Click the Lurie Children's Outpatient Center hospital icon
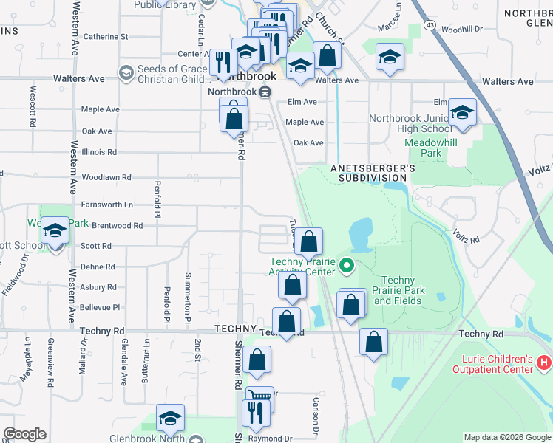click(543, 363)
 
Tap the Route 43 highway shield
click(430, 24)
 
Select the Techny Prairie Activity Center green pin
click(345, 264)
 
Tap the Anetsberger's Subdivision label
click(373, 173)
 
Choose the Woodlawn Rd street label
click(106, 178)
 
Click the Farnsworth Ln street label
click(107, 205)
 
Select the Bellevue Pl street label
click(99, 307)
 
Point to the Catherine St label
click(106, 36)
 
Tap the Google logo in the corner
click(24, 434)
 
